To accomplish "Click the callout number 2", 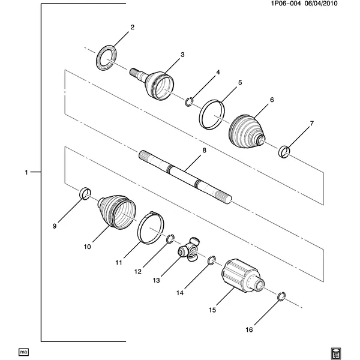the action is (132, 28).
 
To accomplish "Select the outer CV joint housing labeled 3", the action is (152, 83).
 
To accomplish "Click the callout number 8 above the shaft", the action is (204, 151).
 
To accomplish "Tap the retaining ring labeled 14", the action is (209, 261).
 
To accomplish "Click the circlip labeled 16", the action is (280, 298).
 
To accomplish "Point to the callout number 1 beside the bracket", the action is (26, 172).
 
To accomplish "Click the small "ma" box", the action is (23, 352).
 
